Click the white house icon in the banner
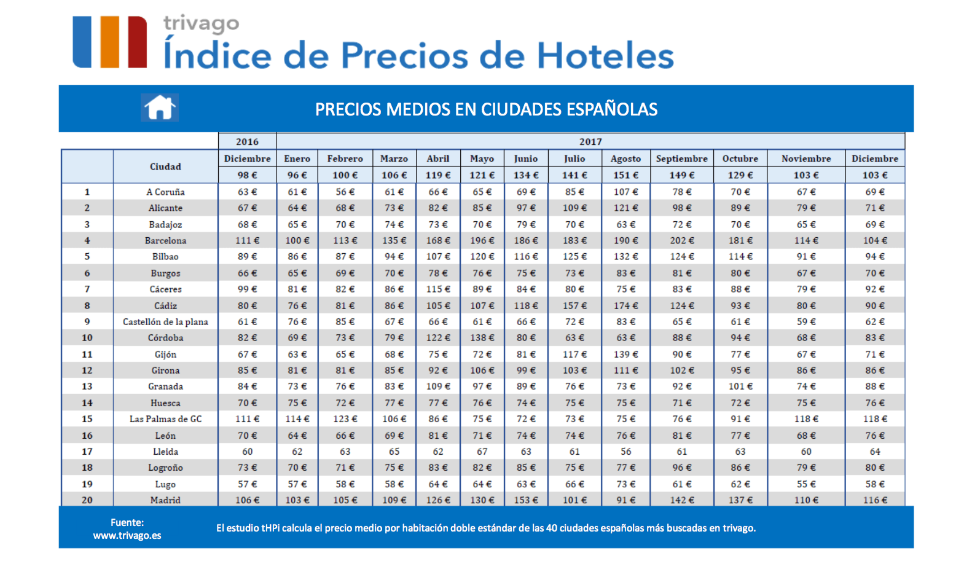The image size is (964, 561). [x=160, y=108]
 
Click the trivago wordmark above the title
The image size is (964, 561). [x=201, y=23]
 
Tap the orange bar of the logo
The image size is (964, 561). [x=109, y=42]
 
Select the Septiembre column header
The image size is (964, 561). [x=681, y=159]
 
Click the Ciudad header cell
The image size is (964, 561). [x=165, y=167]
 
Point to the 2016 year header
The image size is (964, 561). [x=247, y=141]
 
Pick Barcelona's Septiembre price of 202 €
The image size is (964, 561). [x=681, y=240]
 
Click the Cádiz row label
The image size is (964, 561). [x=165, y=305]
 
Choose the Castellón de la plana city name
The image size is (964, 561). [x=165, y=321]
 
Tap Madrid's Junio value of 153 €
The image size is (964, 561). [x=526, y=500]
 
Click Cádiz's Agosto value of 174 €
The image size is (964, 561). [x=625, y=305]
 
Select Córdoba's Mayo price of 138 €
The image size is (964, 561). [x=482, y=337]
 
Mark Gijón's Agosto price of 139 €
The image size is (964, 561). [x=625, y=354]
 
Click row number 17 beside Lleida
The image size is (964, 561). [x=87, y=451]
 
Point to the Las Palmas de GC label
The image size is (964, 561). [x=165, y=418]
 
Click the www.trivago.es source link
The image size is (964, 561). [x=127, y=535]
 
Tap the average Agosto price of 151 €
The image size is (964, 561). [x=625, y=175]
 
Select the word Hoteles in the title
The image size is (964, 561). [x=605, y=55]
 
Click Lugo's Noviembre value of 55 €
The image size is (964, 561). [x=806, y=484]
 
